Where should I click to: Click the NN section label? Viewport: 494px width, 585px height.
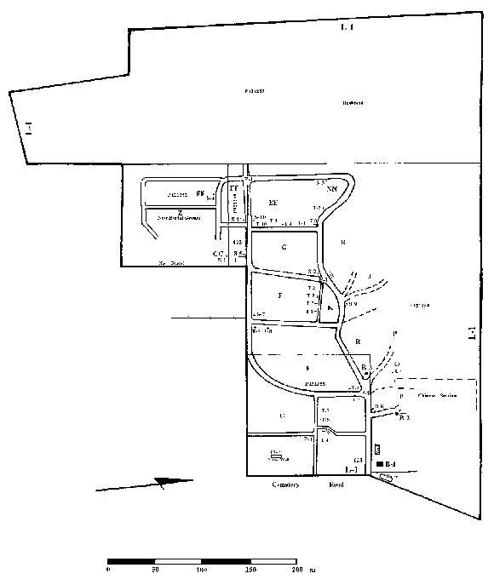point(332,190)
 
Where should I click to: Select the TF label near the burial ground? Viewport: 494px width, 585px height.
point(236,187)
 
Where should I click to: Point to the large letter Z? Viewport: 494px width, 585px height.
point(180,213)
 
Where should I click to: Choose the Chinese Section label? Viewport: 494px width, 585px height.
point(438,395)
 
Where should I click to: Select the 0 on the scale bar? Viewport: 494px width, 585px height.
point(108,569)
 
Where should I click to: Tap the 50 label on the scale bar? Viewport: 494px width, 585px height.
point(155,569)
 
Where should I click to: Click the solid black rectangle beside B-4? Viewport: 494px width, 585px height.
point(379,462)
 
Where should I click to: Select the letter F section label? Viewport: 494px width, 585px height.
point(279,295)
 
